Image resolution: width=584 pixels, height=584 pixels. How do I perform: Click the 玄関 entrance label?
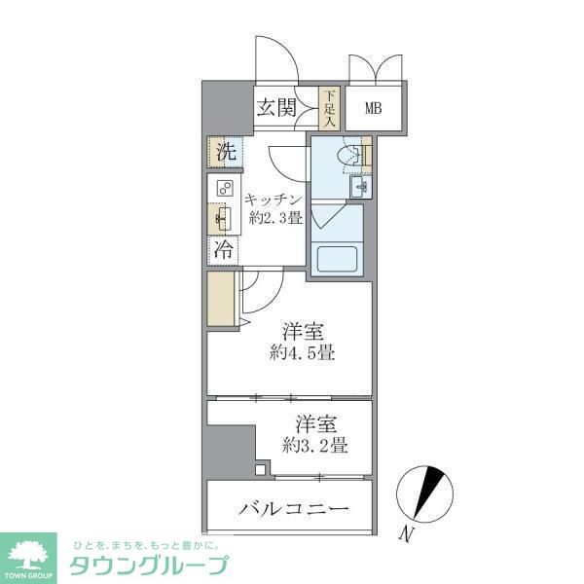click(x=275, y=108)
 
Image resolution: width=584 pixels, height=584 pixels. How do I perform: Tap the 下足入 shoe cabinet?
click(x=330, y=109)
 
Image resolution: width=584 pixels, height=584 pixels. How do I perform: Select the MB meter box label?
click(x=374, y=108)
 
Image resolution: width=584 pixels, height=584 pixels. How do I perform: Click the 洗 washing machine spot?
click(x=225, y=152)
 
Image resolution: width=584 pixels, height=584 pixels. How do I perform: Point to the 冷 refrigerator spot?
click(x=224, y=249)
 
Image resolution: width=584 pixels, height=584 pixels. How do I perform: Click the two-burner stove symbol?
click(x=224, y=189)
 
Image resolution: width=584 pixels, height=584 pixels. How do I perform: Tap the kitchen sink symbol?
click(x=223, y=217)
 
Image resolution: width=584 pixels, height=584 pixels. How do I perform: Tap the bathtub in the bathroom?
click(x=338, y=260)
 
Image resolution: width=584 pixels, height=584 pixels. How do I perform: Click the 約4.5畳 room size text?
click(x=305, y=352)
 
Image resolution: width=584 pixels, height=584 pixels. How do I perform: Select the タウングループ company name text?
click(x=147, y=565)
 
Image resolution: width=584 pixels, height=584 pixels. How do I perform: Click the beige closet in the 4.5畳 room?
click(x=221, y=303)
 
